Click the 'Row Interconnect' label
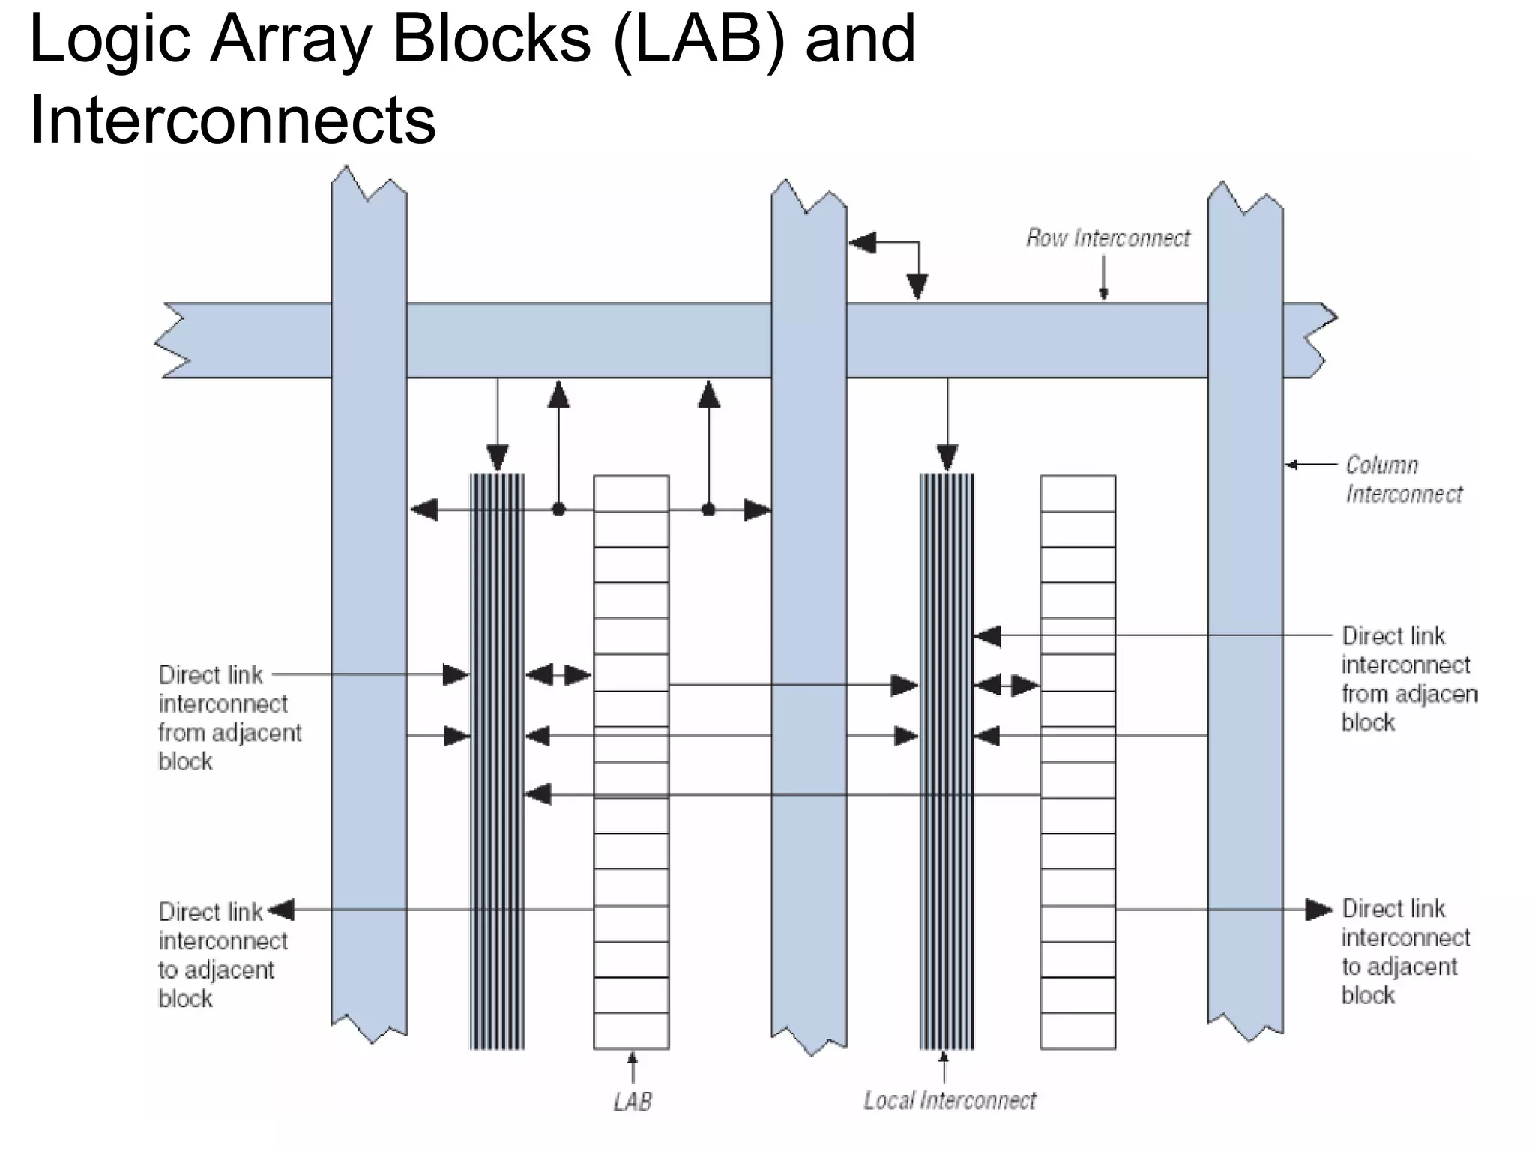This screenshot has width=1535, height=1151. pyautogui.click(x=1108, y=238)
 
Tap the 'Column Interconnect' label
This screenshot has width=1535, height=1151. pyautogui.click(x=1403, y=480)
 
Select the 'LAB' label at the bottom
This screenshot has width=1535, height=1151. pyautogui.click(x=633, y=1102)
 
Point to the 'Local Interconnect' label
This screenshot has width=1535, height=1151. pyautogui.click(x=950, y=1100)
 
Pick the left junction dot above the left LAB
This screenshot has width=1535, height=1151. pyautogui.click(x=558, y=510)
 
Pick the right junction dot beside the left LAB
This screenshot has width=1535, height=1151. pyautogui.click(x=708, y=510)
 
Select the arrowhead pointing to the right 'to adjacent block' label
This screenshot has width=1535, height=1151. pyautogui.click(x=1319, y=910)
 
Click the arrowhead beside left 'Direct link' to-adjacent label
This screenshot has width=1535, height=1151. pyautogui.click(x=282, y=910)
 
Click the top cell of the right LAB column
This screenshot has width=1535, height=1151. pyautogui.click(x=1078, y=493)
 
